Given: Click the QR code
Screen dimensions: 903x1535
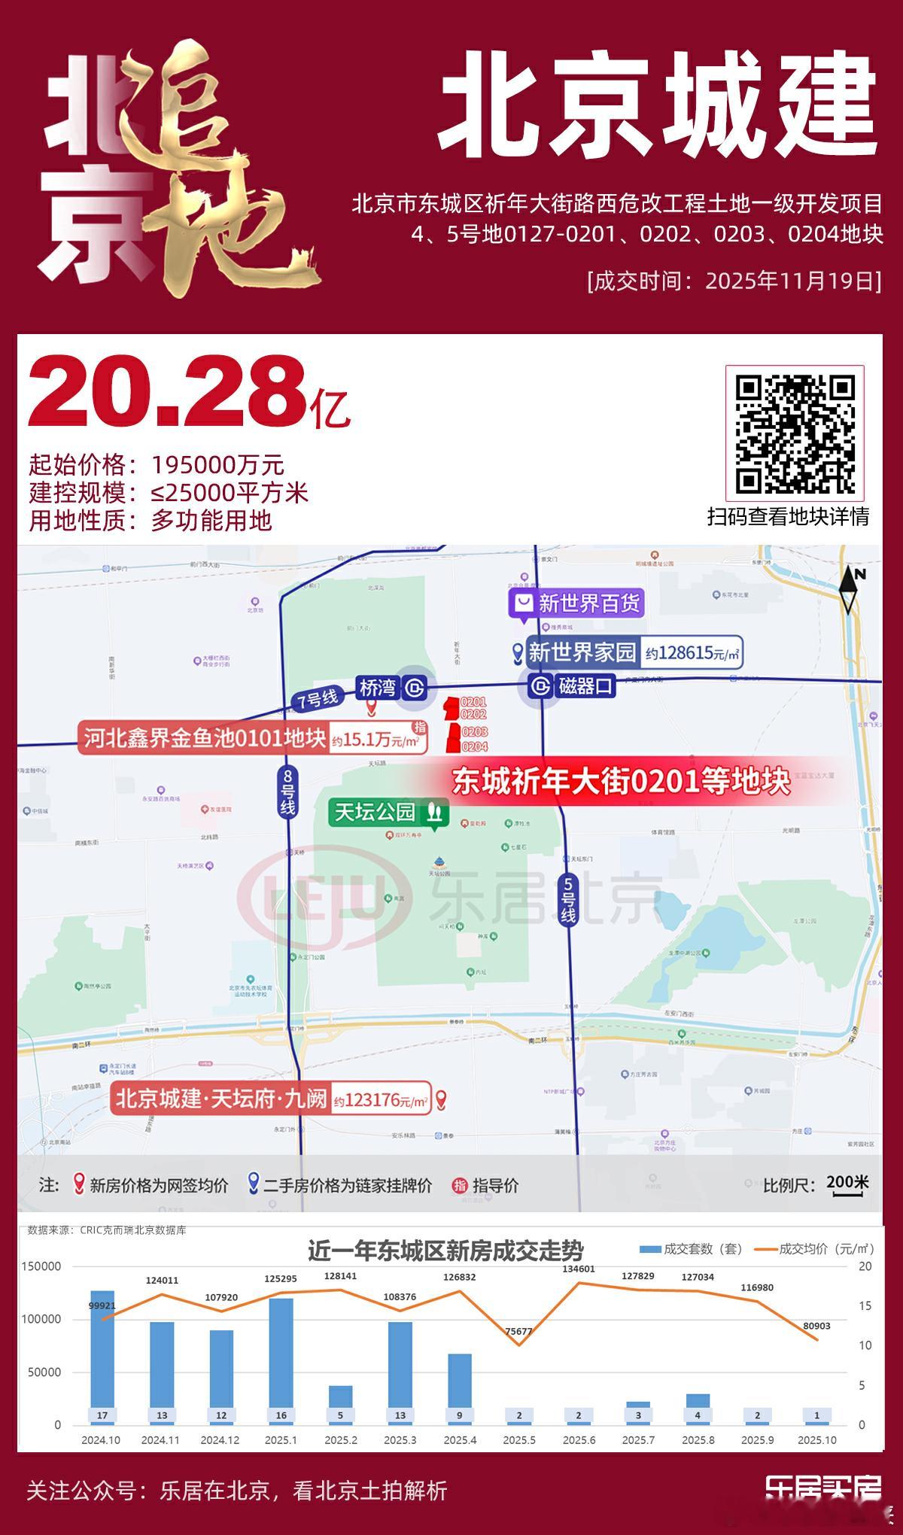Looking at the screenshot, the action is point(795,434).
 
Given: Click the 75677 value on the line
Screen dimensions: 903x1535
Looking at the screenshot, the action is point(518,1331).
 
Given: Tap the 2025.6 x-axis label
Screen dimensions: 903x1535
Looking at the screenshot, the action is point(579,1439).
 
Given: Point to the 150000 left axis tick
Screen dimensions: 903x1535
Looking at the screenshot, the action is point(42,1266).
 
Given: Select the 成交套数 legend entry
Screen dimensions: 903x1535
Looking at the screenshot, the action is point(690,1249).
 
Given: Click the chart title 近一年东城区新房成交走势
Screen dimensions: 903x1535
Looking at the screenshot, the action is point(445,1251).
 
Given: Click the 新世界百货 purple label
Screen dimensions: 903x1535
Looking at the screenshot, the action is point(577,603).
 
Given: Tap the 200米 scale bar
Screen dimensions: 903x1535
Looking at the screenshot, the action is point(847,1184).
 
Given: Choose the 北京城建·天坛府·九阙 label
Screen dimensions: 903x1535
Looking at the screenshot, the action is point(221,1099).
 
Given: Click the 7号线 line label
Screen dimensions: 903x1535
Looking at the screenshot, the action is point(317,699).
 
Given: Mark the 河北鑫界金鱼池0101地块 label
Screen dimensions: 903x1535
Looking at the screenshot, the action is point(204,738).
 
